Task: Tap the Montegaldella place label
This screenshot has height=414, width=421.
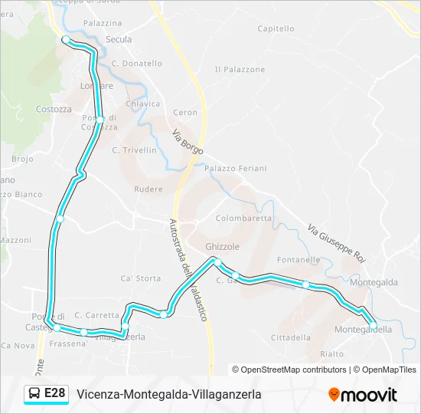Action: [364, 330]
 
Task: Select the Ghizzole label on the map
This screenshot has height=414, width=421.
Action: [223, 247]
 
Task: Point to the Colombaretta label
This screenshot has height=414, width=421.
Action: [243, 218]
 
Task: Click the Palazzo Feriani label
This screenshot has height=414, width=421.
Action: [235, 169]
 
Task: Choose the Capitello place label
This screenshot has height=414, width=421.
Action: [276, 29]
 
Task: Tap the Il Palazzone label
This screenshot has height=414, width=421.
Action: [240, 70]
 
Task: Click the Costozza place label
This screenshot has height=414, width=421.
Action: [54, 110]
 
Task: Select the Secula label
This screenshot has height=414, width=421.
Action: [119, 40]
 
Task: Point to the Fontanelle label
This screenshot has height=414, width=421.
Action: [298, 260]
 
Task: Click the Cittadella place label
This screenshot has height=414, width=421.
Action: [291, 337]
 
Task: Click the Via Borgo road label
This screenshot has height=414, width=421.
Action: [188, 141]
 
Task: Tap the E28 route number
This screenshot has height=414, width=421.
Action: [55, 394]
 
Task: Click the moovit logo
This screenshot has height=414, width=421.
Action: [363, 395]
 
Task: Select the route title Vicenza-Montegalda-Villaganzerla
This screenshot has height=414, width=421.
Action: [169, 394]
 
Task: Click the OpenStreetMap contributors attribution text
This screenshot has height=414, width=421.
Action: [294, 370]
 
